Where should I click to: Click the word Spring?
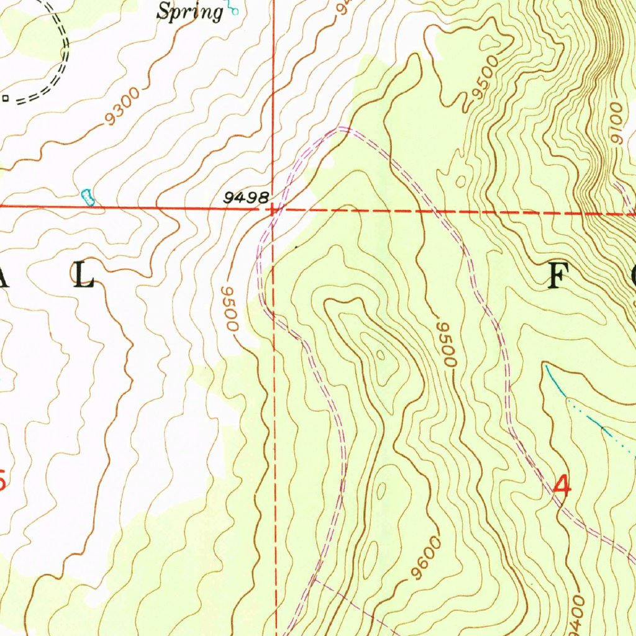pos(189,11)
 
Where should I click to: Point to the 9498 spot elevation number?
pos(247,198)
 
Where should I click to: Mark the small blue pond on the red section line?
pos(88,197)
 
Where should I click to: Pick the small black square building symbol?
pos(5,98)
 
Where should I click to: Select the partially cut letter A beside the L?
pos(5,275)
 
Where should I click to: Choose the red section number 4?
pos(562,485)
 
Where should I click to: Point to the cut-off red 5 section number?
pos(3,480)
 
